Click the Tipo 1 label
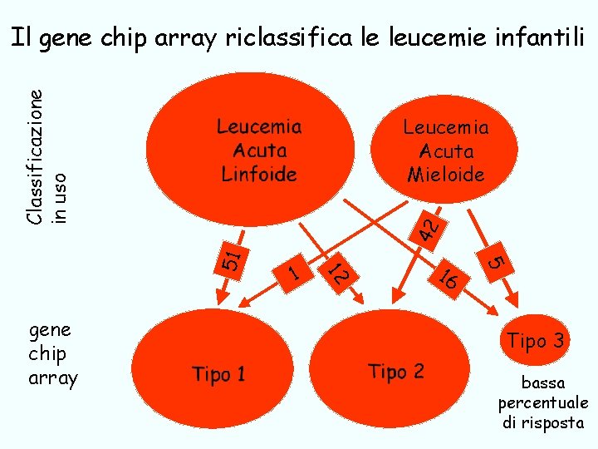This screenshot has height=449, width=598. [218, 374]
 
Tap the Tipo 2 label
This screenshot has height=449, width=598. [395, 371]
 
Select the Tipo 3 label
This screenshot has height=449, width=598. [536, 340]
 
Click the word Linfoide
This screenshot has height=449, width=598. [259, 175]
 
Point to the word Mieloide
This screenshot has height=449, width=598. [446, 175]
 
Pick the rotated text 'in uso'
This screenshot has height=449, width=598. [59, 197]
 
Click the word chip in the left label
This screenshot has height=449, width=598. [47, 353]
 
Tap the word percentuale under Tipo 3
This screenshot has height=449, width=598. [543, 403]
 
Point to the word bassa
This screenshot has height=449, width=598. [543, 383]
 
